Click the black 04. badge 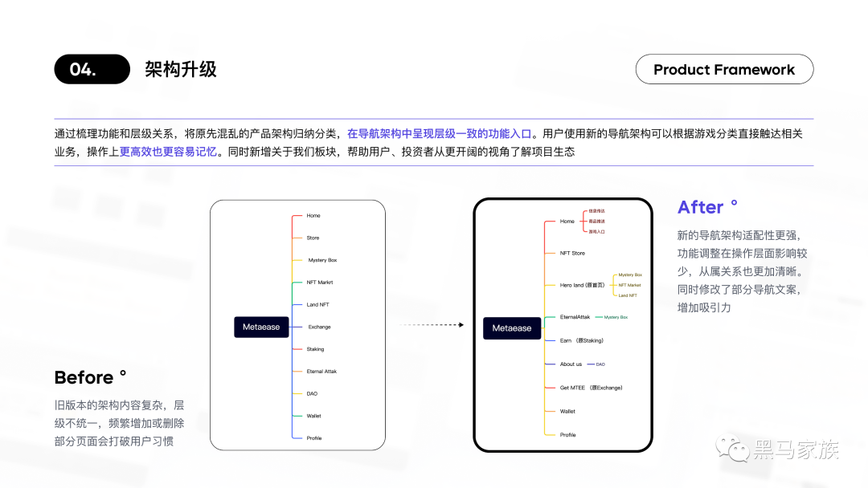point(92,69)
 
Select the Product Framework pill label point(724,70)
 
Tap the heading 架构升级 point(181,69)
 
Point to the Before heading point(84,377)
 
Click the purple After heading point(701,207)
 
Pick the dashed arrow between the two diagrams point(432,325)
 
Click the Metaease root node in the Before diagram point(261,327)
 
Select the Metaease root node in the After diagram point(512,328)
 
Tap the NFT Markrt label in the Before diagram point(319,283)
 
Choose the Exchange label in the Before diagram point(319,327)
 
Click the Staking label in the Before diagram point(315,349)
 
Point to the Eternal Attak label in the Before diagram point(321,372)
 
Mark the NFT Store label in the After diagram point(572,253)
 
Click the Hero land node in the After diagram point(581,285)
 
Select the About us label point(571,364)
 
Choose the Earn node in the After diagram point(581,340)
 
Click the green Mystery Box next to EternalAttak point(616,317)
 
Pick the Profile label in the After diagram point(568,435)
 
